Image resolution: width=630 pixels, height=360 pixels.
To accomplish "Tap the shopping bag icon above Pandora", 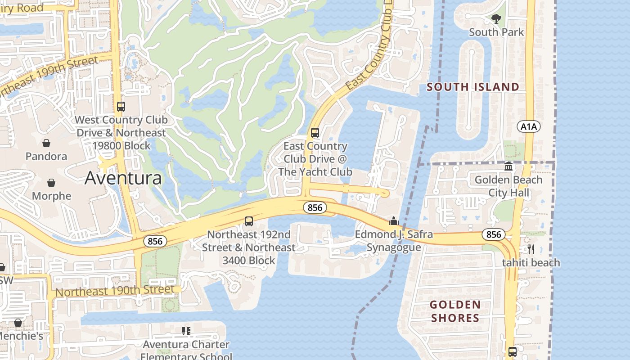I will click(46, 143).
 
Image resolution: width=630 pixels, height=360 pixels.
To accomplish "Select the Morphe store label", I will click(51, 196).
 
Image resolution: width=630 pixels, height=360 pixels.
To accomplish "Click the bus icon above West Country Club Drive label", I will click(121, 107).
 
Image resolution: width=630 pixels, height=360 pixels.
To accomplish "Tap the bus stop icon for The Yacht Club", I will click(315, 133).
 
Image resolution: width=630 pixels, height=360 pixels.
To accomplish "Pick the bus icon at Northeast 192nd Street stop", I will click(248, 221).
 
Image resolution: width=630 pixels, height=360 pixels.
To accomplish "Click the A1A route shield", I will click(528, 126).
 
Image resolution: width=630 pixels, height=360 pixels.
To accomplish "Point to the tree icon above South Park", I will click(496, 19).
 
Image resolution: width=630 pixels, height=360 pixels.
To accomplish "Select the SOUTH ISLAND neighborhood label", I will click(472, 87).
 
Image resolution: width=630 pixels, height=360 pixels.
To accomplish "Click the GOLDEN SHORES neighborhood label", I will click(454, 311).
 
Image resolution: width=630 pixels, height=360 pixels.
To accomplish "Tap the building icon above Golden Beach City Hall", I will click(508, 166).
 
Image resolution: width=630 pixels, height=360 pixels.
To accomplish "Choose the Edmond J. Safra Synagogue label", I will click(394, 241).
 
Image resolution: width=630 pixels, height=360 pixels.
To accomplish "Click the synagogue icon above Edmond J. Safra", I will click(394, 221).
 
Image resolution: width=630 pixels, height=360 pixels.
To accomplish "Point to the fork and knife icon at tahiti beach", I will click(531, 249).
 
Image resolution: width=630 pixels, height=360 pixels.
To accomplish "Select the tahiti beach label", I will click(531, 262).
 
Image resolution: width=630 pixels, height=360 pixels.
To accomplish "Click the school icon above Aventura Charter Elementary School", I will click(186, 331).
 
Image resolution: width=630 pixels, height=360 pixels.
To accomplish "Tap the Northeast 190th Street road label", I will click(115, 291).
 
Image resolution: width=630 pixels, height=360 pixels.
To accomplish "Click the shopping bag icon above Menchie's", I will click(18, 323).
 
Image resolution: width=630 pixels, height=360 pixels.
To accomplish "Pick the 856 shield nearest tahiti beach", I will click(493, 234).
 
